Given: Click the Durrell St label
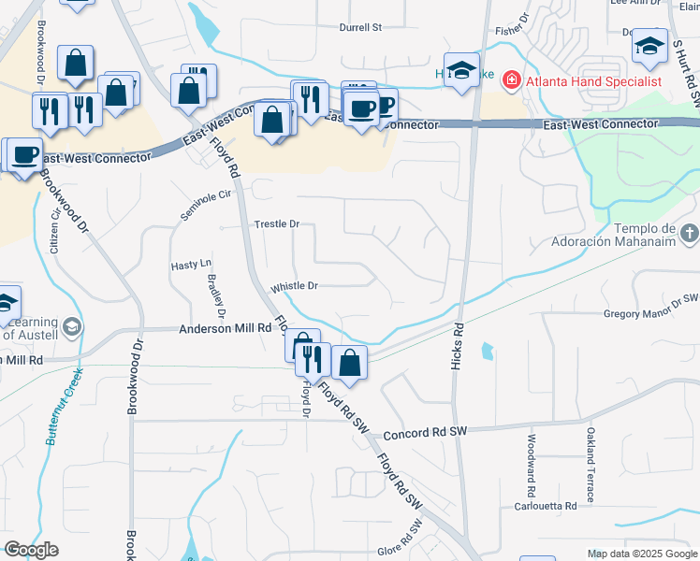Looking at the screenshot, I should point(361,28).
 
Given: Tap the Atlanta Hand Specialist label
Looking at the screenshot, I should point(593,81).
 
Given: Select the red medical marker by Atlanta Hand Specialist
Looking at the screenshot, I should point(511,80).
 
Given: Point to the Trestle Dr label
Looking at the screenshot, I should point(276,224).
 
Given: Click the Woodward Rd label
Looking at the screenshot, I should point(531,466).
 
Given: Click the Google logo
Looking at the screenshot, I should point(31,550).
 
